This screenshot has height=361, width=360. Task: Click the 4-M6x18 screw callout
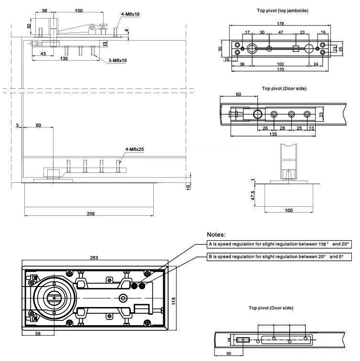[130, 15]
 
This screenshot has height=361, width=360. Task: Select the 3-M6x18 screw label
[117, 60]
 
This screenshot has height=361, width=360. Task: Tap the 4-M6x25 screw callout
[134, 149]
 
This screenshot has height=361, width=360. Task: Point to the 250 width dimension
[90, 213]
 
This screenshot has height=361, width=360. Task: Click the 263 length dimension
[94, 257]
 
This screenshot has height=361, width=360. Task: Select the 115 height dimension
[174, 301]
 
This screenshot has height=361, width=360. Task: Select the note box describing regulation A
[279, 244]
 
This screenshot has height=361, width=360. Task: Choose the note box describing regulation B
[279, 257]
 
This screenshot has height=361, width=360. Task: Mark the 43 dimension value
[43, 53]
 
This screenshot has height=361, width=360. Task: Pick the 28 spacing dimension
[282, 128]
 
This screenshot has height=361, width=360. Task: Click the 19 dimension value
[324, 32]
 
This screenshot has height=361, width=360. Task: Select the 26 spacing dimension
[265, 128]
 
